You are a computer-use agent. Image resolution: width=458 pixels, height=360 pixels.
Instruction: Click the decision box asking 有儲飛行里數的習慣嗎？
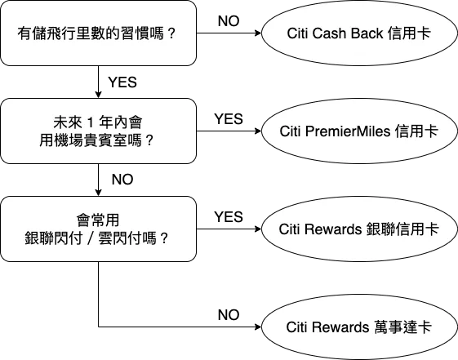[x=98, y=33]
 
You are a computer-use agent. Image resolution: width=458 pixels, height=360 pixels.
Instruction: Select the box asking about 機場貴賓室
[x=98, y=131]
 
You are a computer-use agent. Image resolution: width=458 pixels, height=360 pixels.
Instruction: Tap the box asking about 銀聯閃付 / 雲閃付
[x=98, y=229]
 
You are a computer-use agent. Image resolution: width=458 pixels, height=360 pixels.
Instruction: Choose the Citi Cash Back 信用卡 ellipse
[x=359, y=33]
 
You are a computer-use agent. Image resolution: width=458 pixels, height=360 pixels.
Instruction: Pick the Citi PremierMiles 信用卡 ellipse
[x=359, y=131]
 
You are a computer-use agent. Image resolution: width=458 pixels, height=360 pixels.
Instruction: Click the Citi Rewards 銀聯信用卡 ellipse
[x=359, y=229]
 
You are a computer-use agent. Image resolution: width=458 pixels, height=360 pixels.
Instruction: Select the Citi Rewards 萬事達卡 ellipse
[x=359, y=327]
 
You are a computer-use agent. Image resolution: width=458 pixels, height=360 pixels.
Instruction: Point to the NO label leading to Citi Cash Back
[x=229, y=21]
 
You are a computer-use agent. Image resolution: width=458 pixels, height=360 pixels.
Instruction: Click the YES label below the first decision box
[x=122, y=82]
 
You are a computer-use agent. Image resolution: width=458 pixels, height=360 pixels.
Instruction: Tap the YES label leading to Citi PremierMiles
[x=229, y=119]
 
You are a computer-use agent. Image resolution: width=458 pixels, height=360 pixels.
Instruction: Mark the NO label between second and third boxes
[x=122, y=180]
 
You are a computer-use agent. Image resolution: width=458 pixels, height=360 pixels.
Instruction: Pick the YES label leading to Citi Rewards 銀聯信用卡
[x=229, y=217]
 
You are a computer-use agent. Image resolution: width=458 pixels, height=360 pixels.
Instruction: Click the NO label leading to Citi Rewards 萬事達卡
[x=229, y=315]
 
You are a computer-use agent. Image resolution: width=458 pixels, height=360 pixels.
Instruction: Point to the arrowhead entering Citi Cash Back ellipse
[x=258, y=33]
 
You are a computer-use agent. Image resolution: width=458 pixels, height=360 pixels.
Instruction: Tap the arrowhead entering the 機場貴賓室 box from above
[x=98, y=95]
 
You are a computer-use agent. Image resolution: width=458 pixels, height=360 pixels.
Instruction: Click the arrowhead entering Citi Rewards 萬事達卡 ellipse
[x=258, y=327]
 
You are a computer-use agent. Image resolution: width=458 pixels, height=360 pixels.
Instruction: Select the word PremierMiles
[x=348, y=131]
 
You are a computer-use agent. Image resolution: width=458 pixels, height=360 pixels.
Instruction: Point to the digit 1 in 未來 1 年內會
[x=91, y=122]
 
